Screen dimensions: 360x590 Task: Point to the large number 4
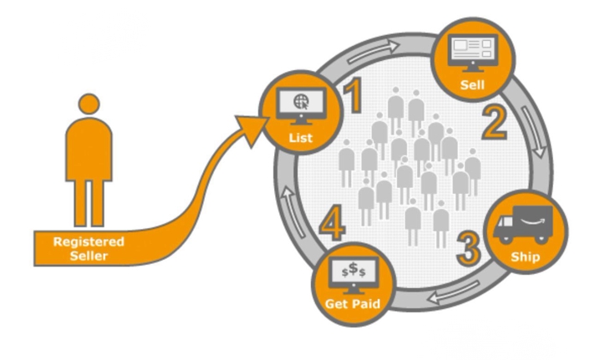click(x=332, y=226)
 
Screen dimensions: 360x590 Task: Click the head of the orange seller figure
click(x=89, y=105)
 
